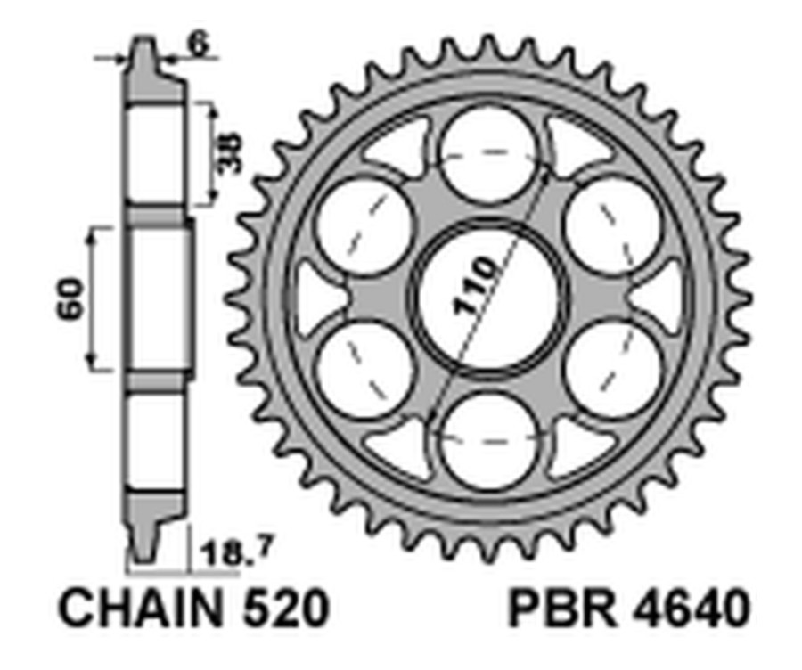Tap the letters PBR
[555, 610]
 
